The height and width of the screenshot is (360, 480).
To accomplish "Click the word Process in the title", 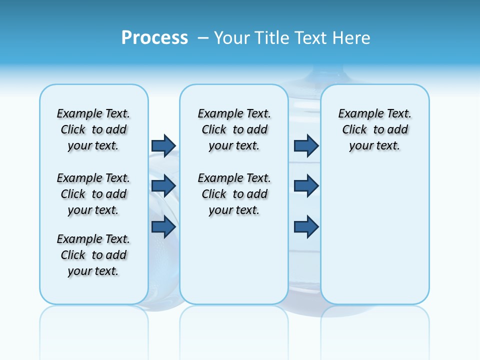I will [x=154, y=38].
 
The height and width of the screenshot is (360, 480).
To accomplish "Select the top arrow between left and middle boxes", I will [x=163, y=145].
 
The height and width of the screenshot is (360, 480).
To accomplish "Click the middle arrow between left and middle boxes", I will [x=163, y=186].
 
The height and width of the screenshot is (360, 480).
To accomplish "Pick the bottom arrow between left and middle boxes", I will [x=163, y=226].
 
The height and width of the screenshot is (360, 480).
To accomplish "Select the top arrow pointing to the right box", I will [x=306, y=145].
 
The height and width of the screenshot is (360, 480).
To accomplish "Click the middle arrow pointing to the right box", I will [x=306, y=186].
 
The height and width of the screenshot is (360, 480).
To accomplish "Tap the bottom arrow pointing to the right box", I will [x=306, y=226].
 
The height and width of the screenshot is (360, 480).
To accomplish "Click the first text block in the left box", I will [x=93, y=129].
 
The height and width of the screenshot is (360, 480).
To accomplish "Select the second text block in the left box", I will [x=93, y=194].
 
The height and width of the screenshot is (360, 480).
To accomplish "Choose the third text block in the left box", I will [x=93, y=255].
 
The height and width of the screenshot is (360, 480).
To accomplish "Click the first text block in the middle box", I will [x=234, y=129].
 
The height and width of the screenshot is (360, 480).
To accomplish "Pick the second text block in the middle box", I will [x=234, y=194].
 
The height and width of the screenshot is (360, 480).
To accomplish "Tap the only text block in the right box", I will [x=374, y=129].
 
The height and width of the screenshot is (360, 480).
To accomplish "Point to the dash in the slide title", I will [x=202, y=38].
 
